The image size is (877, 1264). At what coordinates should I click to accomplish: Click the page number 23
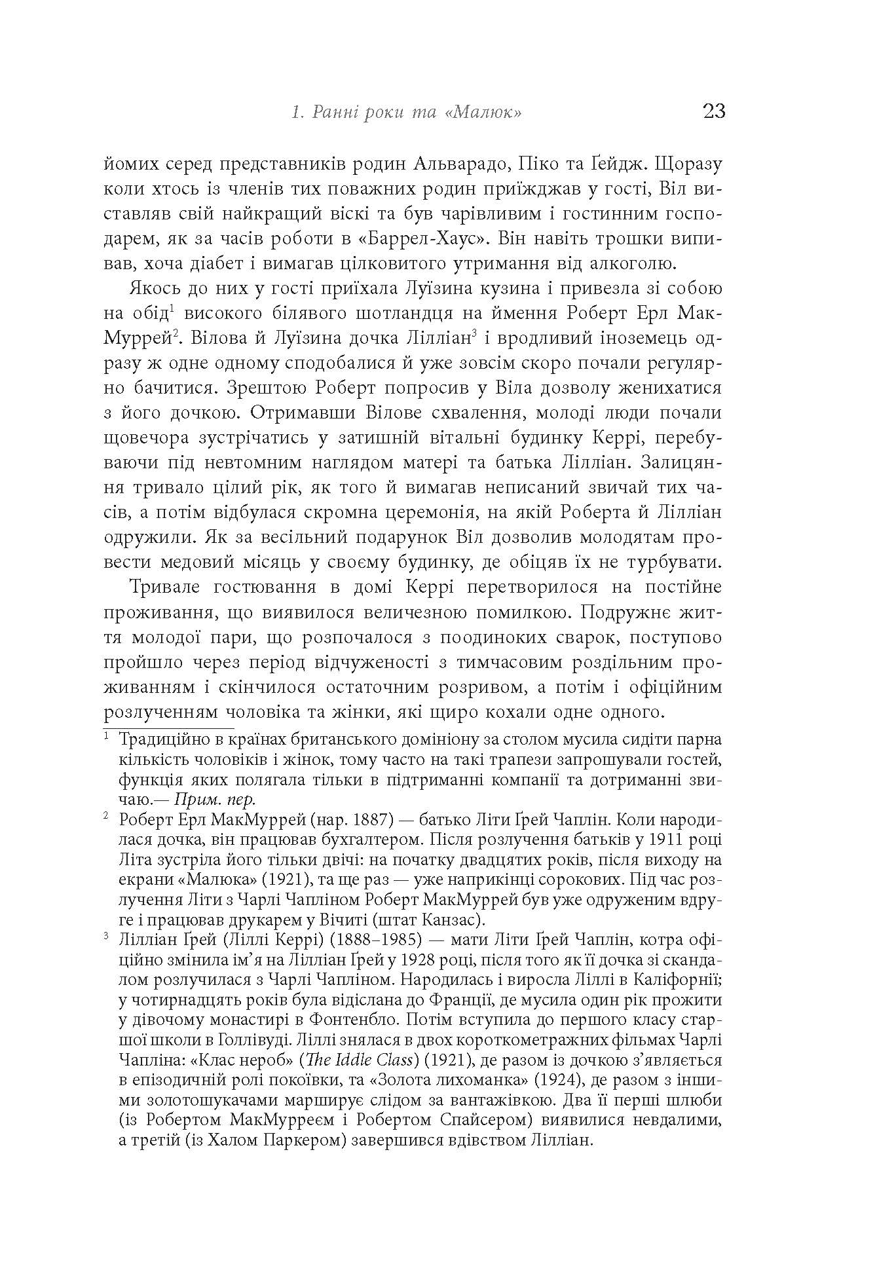click(x=713, y=111)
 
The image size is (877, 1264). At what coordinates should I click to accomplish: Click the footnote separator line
click(x=168, y=728)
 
